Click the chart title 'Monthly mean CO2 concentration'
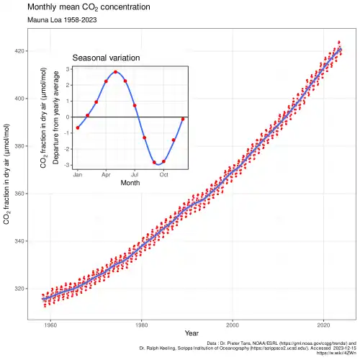click(x=89, y=8)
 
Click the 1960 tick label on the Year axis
click(x=50, y=325)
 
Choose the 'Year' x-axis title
click(x=191, y=334)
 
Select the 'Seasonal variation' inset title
click(x=106, y=58)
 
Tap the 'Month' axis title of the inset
click(x=130, y=183)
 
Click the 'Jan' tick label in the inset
click(x=77, y=174)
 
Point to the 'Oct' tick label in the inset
click(x=163, y=174)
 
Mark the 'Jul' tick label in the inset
click(x=135, y=174)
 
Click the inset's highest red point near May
click(x=115, y=72)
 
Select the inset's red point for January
click(x=77, y=127)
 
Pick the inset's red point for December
click(x=183, y=119)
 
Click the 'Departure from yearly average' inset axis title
click(x=55, y=117)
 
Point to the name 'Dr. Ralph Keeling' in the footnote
click(x=161, y=349)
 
